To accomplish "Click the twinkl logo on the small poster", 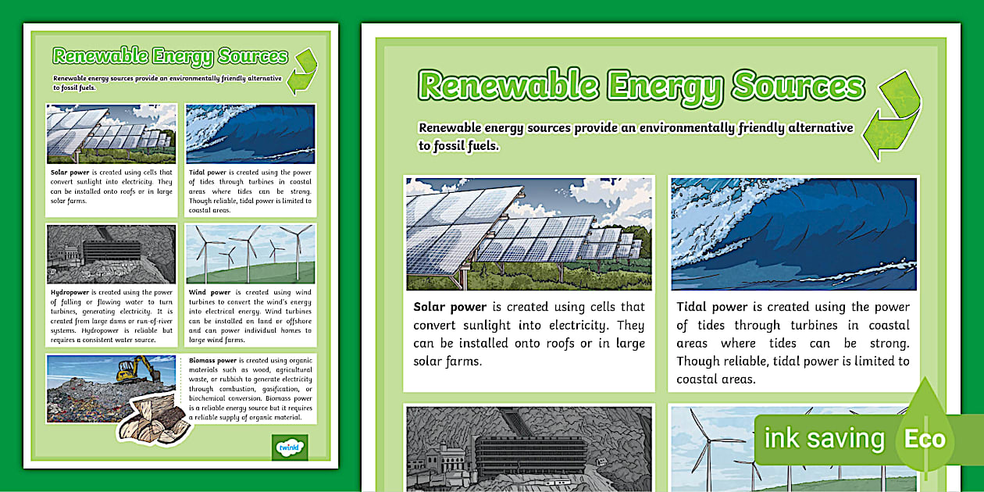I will pyautogui.click(x=290, y=447).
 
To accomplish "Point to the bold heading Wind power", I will pyautogui.click(x=209, y=293).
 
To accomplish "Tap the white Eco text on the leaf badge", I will pyautogui.click(x=925, y=439).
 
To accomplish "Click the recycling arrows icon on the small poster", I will pyautogui.click(x=302, y=71).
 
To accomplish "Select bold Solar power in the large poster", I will pyautogui.click(x=450, y=307).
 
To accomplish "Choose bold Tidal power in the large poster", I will pyautogui.click(x=712, y=307).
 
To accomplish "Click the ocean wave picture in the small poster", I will pyautogui.click(x=250, y=134).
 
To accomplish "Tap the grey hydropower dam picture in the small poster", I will pyautogui.click(x=111, y=254).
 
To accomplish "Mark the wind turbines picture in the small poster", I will pyautogui.click(x=250, y=254).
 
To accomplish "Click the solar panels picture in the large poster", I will pyautogui.click(x=529, y=234).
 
